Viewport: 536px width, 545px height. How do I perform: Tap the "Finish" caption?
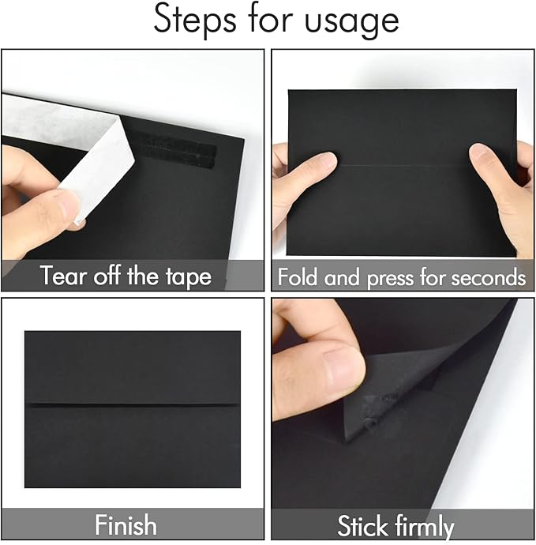point(126,525)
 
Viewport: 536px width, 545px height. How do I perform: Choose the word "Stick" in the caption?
point(365,525)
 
